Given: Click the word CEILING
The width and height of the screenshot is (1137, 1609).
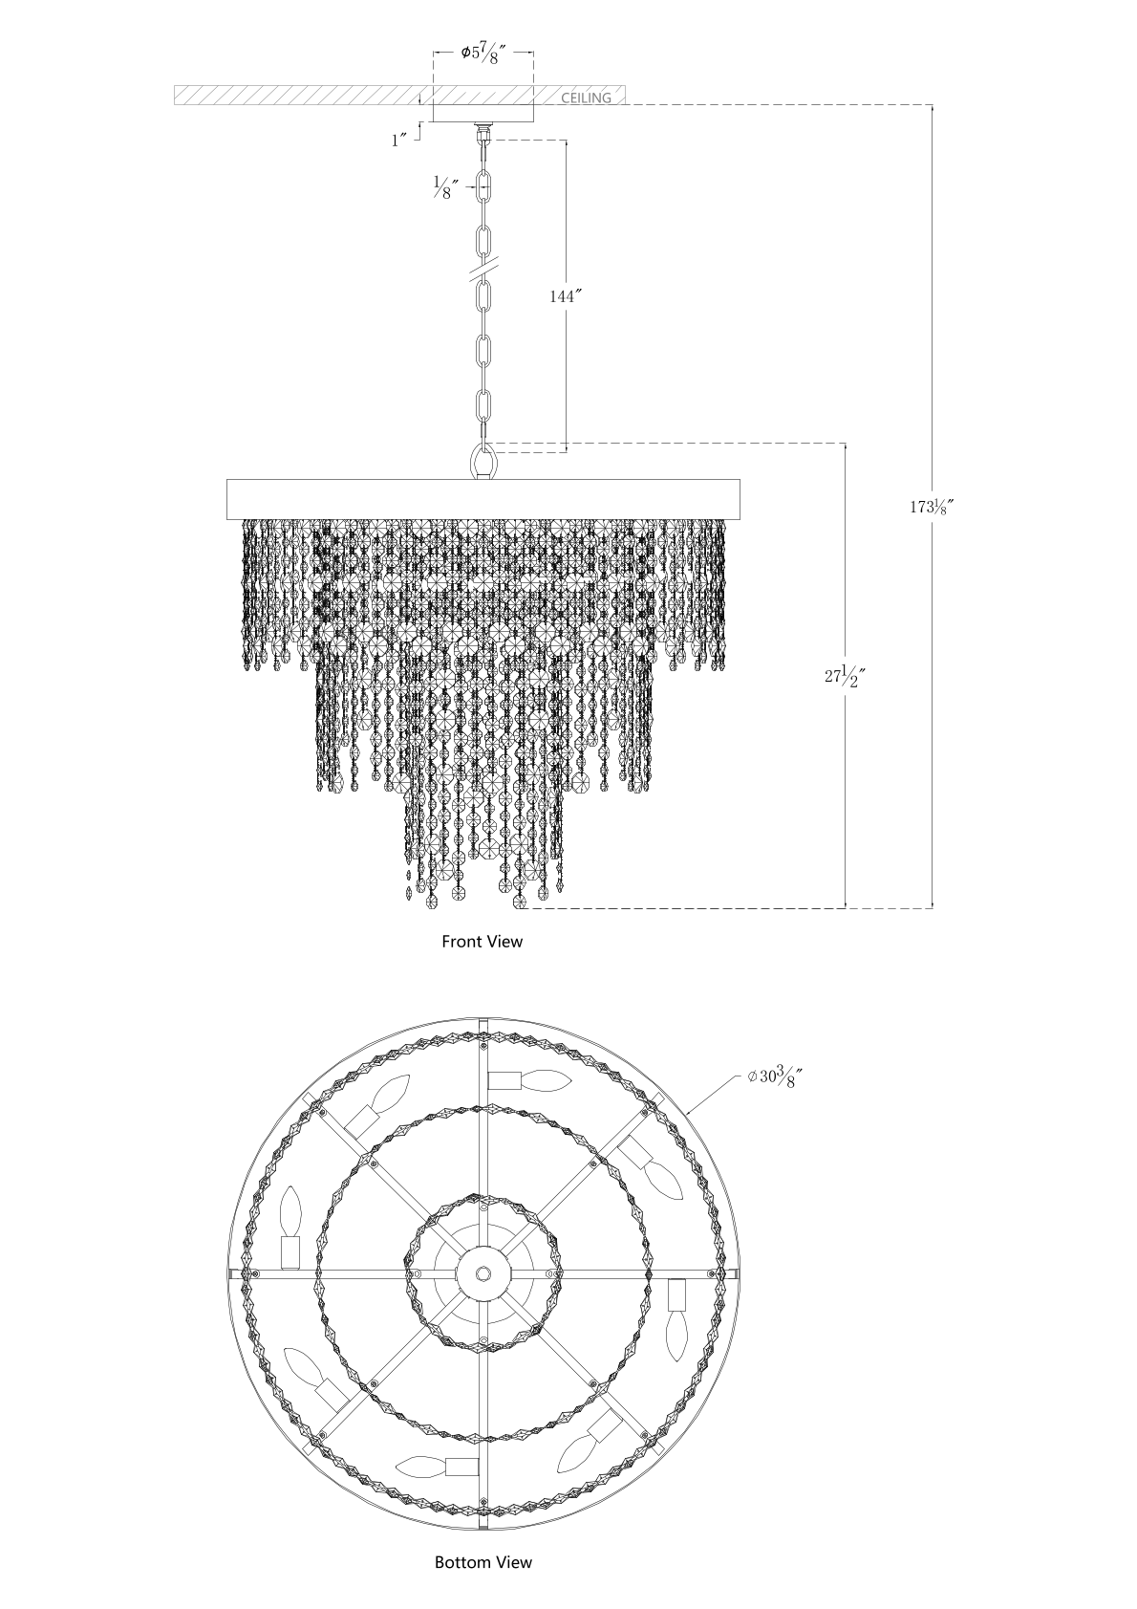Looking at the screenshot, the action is pyautogui.click(x=586, y=98).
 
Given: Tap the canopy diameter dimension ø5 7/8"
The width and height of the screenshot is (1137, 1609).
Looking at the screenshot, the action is pyautogui.click(x=484, y=54).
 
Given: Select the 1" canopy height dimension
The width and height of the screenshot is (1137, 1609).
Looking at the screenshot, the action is pyautogui.click(x=399, y=141).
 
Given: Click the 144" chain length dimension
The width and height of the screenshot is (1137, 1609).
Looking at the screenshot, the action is pyautogui.click(x=565, y=296).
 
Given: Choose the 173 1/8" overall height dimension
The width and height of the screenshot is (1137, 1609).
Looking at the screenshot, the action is pyautogui.click(x=931, y=507).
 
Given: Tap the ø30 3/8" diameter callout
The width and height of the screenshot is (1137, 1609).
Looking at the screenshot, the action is pyautogui.click(x=773, y=1079).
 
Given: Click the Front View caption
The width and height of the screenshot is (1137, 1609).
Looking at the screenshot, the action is pyautogui.click(x=483, y=942).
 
